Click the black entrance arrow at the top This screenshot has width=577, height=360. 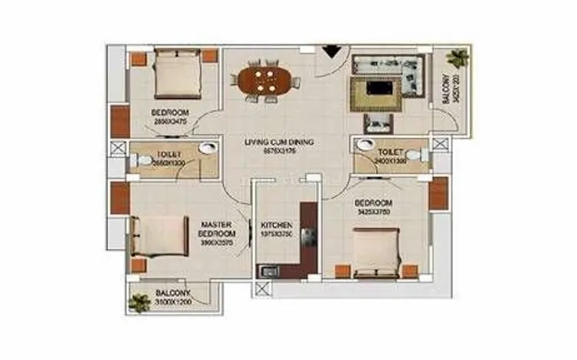(x=330, y=51)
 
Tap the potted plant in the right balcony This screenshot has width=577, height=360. (x=457, y=57)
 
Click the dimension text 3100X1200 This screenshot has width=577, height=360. (x=173, y=303)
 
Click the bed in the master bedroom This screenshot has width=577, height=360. (x=160, y=235)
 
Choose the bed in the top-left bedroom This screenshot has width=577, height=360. (x=176, y=74)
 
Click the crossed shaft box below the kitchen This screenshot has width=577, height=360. (x=263, y=290)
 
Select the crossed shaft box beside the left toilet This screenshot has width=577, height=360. (x=117, y=149)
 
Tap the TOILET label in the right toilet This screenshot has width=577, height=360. (x=391, y=152)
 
